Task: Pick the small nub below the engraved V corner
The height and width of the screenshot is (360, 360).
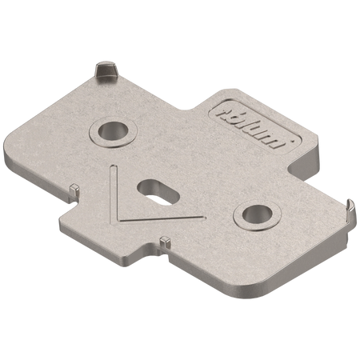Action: (x=163, y=241)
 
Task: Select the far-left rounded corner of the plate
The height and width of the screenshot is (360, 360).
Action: (x=15, y=143)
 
